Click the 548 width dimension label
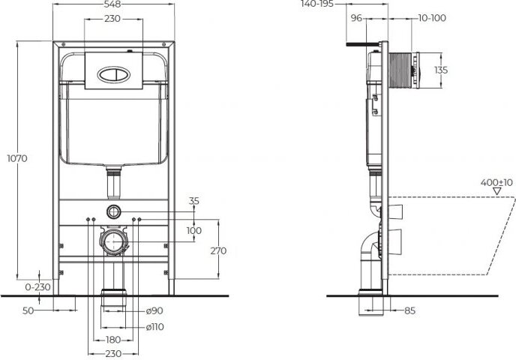tap(112, 4)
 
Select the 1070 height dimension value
tap(17, 158)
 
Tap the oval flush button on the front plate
tap(113, 74)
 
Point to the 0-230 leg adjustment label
tap(37, 287)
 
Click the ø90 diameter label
tap(154, 310)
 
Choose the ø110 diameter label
tap(154, 327)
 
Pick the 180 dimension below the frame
tap(112, 340)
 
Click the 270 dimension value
tap(218, 250)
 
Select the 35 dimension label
tap(194, 201)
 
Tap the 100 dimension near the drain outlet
tap(194, 231)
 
